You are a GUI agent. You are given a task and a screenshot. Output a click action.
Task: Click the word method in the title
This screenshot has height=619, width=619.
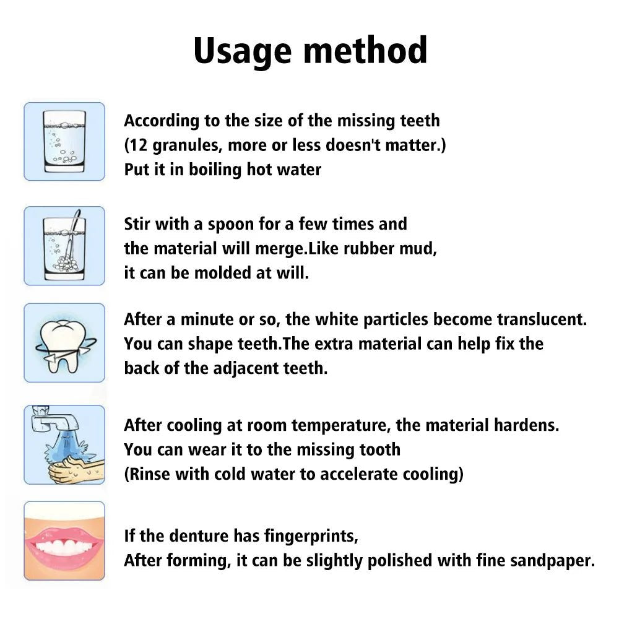366,51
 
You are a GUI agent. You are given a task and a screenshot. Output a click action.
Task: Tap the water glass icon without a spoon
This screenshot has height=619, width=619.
64,141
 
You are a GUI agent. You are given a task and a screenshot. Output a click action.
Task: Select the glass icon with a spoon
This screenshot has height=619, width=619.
64,245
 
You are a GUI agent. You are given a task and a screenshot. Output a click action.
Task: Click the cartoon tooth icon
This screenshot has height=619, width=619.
64,342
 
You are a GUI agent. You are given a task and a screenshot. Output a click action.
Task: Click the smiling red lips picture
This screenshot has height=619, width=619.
64,540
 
